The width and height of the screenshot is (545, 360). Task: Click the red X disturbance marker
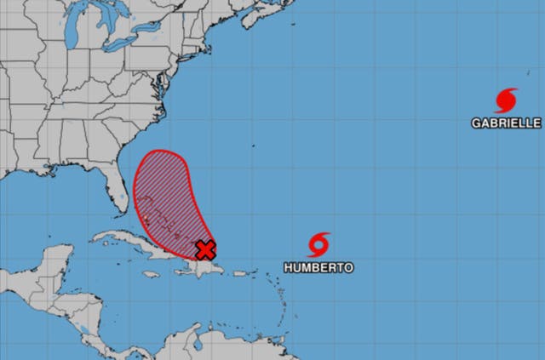point(205,249)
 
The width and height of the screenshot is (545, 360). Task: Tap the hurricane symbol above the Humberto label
point(318,245)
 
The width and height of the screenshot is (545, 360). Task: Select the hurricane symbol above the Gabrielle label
point(505,100)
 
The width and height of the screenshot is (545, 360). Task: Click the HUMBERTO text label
point(318,267)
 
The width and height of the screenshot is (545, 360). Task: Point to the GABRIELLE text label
point(506,123)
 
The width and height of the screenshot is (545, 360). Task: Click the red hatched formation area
point(166,191)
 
